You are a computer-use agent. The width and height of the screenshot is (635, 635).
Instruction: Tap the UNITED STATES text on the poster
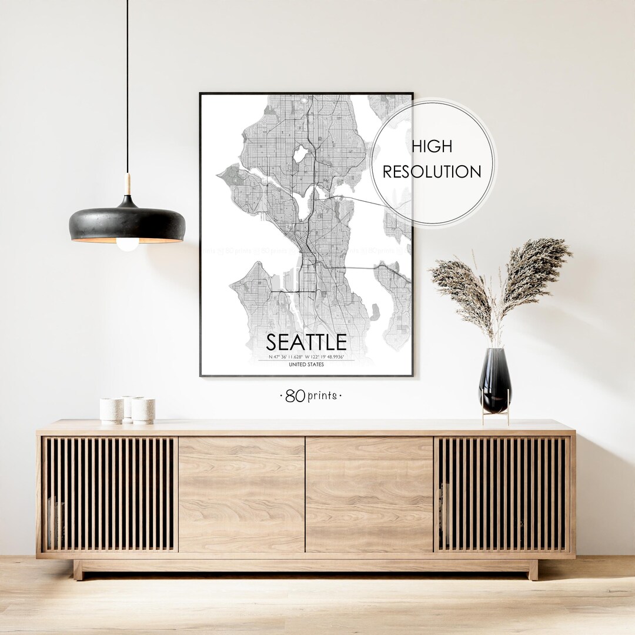pos(306,365)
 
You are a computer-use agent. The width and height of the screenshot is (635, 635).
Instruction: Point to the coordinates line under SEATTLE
pos(306,357)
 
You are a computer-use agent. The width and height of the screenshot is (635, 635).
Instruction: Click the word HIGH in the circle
pos(432,147)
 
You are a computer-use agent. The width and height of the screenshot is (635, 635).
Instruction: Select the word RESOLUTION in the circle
pos(432,172)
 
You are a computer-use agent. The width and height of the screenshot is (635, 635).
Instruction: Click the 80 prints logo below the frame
pos(310,396)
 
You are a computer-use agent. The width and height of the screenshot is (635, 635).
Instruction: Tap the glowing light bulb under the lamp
pos(128,243)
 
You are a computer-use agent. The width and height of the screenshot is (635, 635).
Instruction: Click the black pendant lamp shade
pos(127,223)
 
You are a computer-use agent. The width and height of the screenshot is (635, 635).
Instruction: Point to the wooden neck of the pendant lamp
pos(128,185)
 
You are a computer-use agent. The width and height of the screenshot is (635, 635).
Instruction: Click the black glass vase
pos(495,379)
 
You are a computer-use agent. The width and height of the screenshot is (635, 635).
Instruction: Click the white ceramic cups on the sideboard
pos(128,410)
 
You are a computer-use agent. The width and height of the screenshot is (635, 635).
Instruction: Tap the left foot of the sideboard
pos(78,570)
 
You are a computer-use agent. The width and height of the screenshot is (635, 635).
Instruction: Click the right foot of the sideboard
pos(533,570)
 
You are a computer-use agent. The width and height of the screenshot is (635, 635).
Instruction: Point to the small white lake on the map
pos(300,155)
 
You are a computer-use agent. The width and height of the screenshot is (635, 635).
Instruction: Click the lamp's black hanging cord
pos(127,88)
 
